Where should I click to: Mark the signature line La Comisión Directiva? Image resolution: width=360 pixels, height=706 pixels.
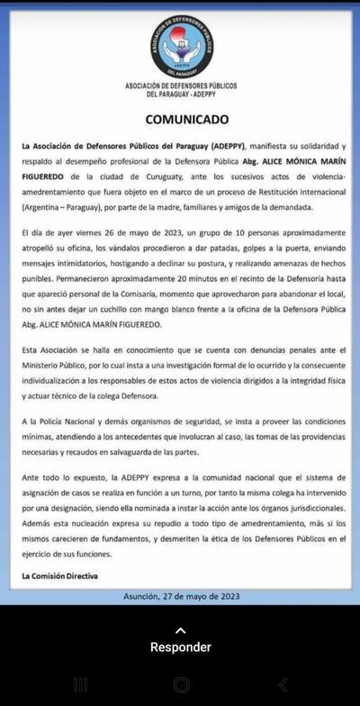point(61,575)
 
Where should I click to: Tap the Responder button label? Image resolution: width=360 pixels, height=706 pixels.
point(180,647)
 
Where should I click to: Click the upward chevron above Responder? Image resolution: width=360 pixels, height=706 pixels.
point(180,630)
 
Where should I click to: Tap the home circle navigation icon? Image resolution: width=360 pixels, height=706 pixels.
point(181,685)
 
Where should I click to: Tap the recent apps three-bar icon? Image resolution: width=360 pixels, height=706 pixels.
point(80,685)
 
